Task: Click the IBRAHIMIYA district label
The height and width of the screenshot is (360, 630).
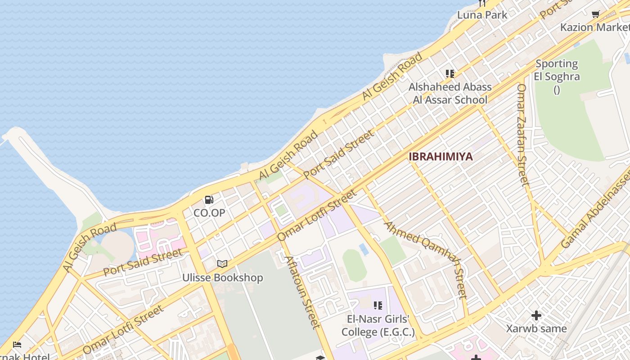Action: pyautogui.click(x=441, y=157)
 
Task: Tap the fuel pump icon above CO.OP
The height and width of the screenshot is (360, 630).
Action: pyautogui.click(x=209, y=199)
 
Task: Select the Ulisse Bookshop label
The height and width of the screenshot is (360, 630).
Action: pyautogui.click(x=222, y=278)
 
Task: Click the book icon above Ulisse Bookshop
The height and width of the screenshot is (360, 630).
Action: pyautogui.click(x=222, y=264)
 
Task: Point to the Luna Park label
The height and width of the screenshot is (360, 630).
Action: pyautogui.click(x=482, y=15)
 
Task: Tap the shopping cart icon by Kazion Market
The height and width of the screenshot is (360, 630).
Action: pyautogui.click(x=596, y=14)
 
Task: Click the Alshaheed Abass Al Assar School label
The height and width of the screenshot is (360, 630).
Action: pyautogui.click(x=450, y=93)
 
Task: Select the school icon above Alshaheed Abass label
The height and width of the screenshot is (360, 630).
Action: pyautogui.click(x=450, y=73)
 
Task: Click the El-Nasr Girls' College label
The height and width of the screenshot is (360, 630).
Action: pyautogui.click(x=378, y=326)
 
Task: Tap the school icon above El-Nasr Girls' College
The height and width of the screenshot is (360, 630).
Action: pyautogui.click(x=378, y=306)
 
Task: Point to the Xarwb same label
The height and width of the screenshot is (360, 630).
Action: pyautogui.click(x=536, y=328)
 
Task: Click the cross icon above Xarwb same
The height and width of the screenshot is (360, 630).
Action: pyautogui.click(x=536, y=315)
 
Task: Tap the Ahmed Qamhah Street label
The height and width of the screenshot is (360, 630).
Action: pyautogui.click(x=425, y=260)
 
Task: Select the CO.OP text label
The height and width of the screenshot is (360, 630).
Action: pyautogui.click(x=209, y=212)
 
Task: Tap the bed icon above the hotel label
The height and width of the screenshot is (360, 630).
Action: pyautogui.click(x=17, y=345)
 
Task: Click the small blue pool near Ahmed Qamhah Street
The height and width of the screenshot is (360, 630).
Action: pyautogui.click(x=364, y=249)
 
